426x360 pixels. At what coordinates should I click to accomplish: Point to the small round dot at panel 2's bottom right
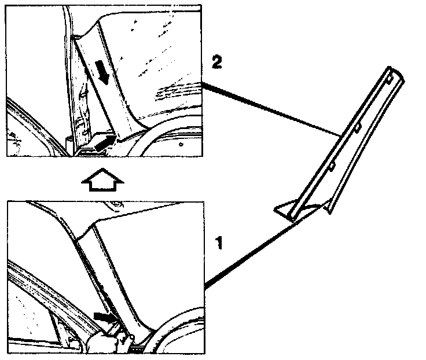coord(182,141)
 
